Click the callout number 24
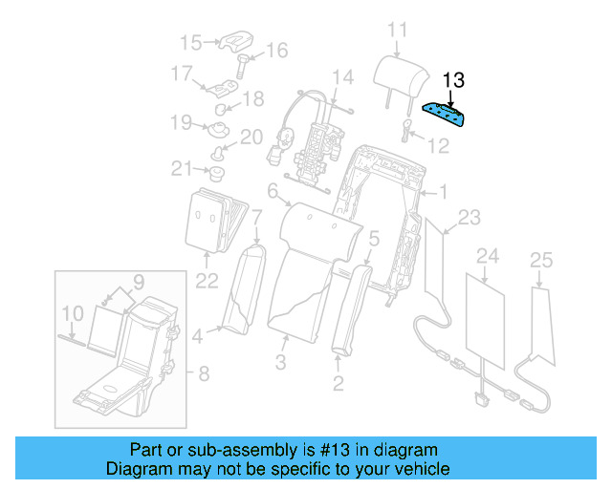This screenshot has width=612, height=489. tap(488, 256)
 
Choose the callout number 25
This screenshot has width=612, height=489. tap(540, 260)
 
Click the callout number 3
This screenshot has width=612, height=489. tap(281, 362)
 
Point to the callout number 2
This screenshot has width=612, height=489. tap(338, 384)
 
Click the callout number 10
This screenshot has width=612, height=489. tap(73, 312)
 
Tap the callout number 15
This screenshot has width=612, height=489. tap(191, 42)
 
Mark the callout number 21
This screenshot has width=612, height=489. tap(182, 169)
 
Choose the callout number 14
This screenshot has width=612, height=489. tap(342, 76)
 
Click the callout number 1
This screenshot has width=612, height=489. tap(442, 193)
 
